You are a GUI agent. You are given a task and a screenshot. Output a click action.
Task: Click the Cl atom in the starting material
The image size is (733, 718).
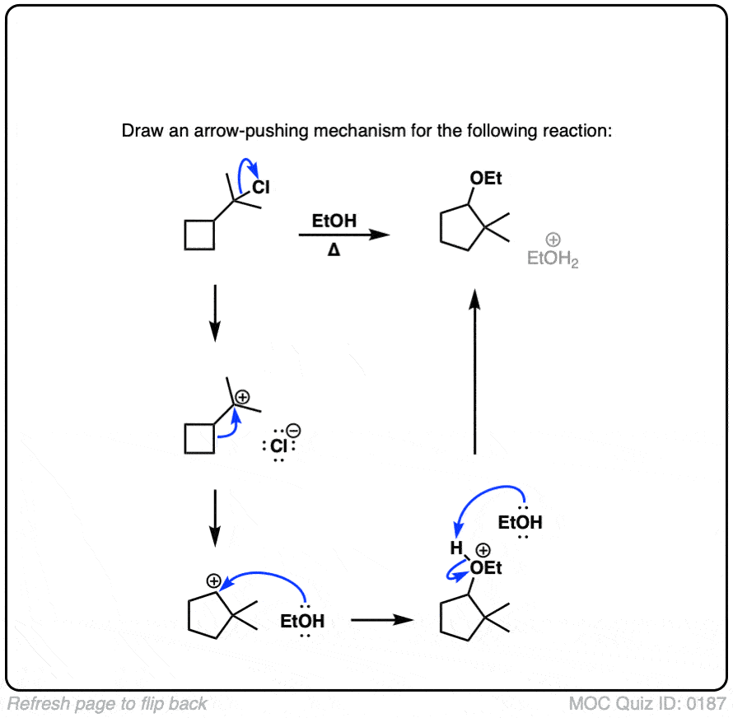[x=261, y=189]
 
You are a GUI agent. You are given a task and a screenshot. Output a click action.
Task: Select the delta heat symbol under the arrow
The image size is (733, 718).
[x=334, y=250]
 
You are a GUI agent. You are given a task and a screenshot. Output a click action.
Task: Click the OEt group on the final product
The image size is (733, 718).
[x=485, y=179]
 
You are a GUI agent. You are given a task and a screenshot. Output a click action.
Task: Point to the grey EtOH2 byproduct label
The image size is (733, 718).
[x=553, y=260]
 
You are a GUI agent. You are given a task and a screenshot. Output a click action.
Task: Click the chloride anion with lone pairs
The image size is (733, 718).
[x=278, y=446]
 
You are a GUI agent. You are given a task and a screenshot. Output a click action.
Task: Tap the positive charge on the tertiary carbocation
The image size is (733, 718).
[x=241, y=397]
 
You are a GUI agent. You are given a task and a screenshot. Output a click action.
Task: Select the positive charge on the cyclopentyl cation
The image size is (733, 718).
[x=213, y=580]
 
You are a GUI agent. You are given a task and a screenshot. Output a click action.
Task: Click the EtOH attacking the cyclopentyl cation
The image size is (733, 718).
[x=302, y=620]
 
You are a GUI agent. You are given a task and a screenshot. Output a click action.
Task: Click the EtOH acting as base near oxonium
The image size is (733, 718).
[x=521, y=522]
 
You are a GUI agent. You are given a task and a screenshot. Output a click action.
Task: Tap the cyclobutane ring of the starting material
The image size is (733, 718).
[x=200, y=235]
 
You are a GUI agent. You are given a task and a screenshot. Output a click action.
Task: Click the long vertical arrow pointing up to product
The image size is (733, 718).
[x=474, y=371]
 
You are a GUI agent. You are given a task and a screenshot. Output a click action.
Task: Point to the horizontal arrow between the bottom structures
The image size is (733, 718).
[x=381, y=619]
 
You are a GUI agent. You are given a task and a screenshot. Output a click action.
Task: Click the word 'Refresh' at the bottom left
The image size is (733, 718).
[x=35, y=704]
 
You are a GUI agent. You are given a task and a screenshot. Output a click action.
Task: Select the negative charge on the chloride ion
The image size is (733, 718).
[x=294, y=430]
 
